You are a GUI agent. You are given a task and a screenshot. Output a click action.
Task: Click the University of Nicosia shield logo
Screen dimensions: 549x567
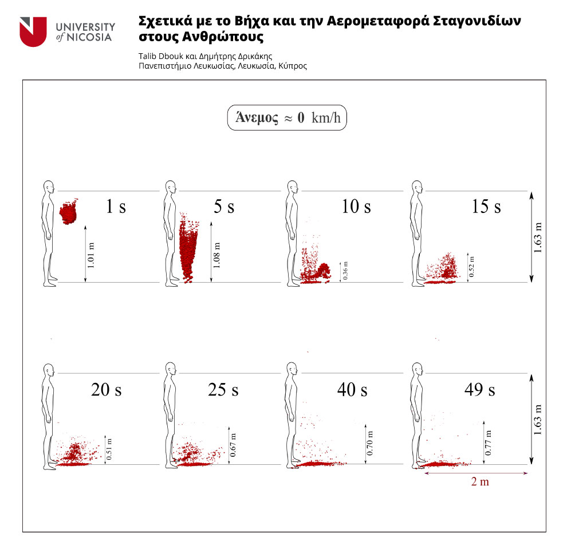[x=33, y=31]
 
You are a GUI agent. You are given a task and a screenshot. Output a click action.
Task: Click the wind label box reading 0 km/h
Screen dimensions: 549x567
[x=287, y=118]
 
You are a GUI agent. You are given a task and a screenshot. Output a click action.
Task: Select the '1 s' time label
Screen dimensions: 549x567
[x=116, y=207]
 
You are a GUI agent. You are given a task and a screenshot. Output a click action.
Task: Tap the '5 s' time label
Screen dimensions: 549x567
[x=223, y=207]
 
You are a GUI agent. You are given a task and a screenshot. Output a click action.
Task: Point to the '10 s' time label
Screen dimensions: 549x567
[x=356, y=207]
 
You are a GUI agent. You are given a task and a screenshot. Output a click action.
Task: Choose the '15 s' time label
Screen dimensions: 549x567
[x=486, y=207]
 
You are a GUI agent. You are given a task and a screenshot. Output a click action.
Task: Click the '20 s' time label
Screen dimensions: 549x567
[x=106, y=390]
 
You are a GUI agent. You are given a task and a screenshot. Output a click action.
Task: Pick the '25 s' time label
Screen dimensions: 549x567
[x=223, y=390]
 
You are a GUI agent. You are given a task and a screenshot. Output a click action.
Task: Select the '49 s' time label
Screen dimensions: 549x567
[x=480, y=390]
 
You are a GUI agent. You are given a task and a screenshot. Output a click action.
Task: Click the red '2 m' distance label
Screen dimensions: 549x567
[x=480, y=482]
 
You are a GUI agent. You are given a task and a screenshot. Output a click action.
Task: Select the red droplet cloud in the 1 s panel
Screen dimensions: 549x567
[x=68, y=212]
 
